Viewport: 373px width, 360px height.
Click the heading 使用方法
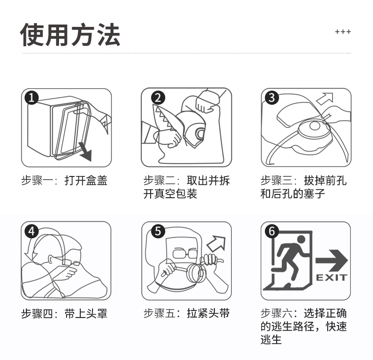[70, 34]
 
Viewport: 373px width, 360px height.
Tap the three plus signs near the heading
[343, 32]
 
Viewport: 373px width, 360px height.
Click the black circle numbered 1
[32, 97]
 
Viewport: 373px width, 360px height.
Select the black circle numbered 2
[158, 98]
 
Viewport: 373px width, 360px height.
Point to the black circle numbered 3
[272, 97]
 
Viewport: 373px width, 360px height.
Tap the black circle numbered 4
[32, 231]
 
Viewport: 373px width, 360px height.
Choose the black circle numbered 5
[158, 231]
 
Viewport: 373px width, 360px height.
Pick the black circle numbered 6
[272, 231]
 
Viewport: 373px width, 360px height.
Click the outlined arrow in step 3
[325, 99]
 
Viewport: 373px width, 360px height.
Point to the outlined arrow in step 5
[216, 244]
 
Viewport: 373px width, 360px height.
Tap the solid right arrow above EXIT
[331, 260]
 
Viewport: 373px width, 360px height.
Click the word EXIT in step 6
[331, 277]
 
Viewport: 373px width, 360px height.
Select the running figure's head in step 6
[301, 239]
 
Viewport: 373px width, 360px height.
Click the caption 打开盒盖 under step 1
[86, 181]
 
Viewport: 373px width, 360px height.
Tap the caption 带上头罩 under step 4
[86, 314]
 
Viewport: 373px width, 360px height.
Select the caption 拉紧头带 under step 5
[208, 313]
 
